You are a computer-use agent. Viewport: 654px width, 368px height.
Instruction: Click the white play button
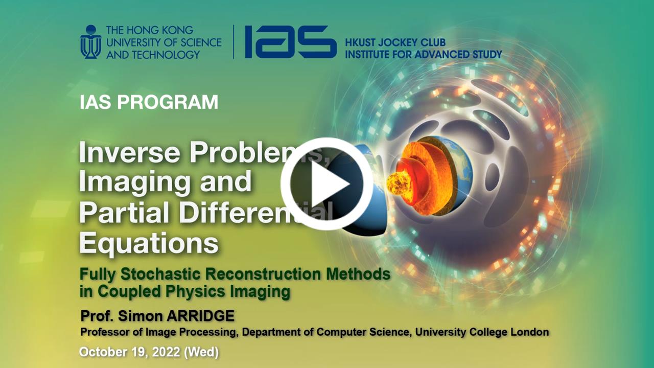(326, 184)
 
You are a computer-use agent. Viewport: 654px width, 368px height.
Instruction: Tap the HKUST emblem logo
(91, 42)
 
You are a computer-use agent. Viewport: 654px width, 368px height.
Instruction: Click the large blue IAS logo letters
(291, 42)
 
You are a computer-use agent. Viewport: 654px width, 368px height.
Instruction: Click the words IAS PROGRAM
(149, 102)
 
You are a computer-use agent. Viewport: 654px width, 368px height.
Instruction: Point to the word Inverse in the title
(130, 152)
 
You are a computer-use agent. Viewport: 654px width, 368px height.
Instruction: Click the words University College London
(482, 332)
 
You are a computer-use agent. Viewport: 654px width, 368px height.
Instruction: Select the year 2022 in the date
(166, 352)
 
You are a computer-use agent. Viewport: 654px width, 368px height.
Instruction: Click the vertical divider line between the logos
(233, 42)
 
